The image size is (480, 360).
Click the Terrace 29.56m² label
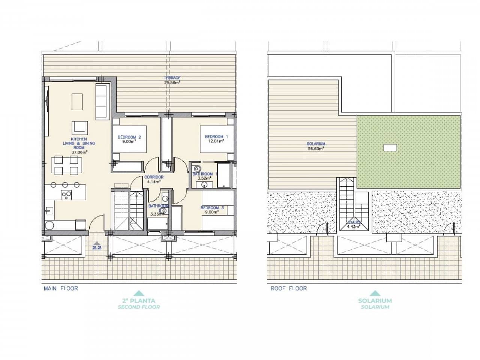click(172, 80)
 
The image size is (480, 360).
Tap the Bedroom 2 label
click(126, 139)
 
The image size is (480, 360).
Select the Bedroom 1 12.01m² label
click(214, 139)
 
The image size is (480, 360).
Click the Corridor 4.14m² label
click(154, 180)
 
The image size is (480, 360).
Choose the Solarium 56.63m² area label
click(316, 146)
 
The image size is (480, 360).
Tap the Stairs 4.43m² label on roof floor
click(354, 224)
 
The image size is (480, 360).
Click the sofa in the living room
click(102, 100)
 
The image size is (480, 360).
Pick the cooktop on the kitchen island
click(67, 194)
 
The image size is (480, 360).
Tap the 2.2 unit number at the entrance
click(97, 247)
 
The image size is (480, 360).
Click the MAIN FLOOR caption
click(61, 288)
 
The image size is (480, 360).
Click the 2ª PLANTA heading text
click(139, 300)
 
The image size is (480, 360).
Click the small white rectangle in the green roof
click(390, 147)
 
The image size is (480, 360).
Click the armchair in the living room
click(80, 127)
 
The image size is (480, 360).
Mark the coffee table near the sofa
click(77, 100)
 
